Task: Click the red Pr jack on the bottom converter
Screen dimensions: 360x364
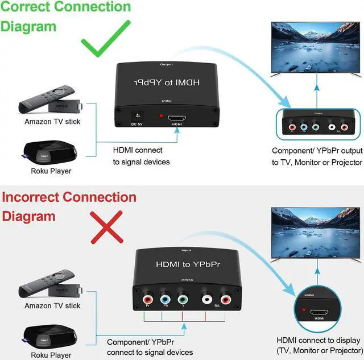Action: pyautogui.click(x=148, y=298)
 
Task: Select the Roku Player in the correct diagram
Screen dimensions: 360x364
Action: pyautogui.click(x=45, y=151)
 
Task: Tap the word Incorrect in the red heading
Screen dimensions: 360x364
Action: pyautogui.click(x=32, y=197)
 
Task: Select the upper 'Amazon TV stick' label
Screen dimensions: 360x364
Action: pyautogui.click(x=52, y=121)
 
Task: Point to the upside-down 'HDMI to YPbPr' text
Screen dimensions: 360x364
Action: pyautogui.click(x=171, y=83)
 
